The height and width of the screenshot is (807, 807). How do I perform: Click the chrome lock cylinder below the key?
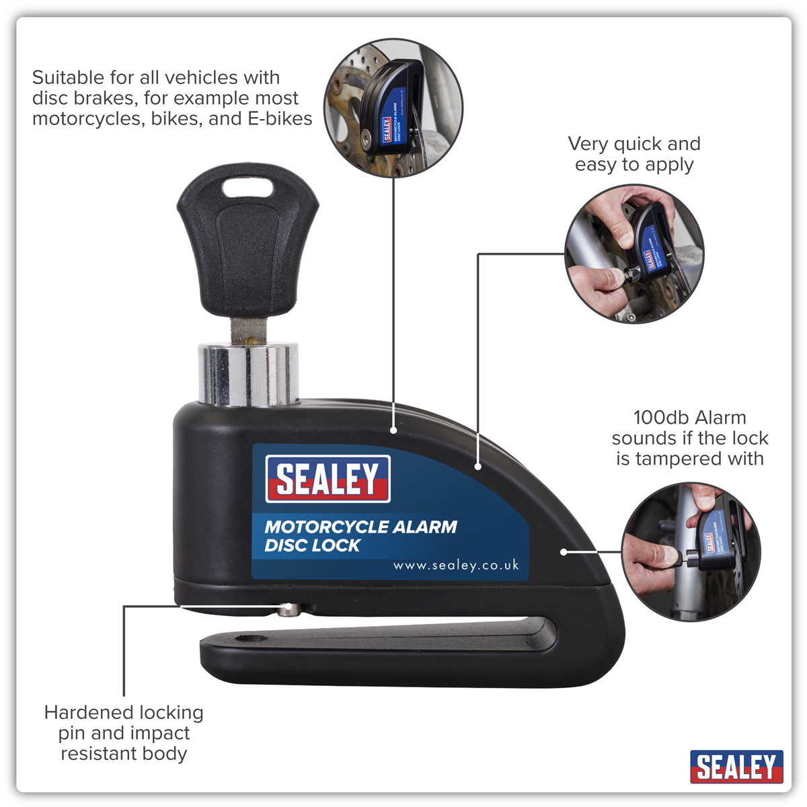pyautogui.click(x=248, y=373)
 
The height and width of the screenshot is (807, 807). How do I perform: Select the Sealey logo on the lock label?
pyautogui.click(x=328, y=478)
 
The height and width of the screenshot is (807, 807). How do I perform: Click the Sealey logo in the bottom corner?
pyautogui.click(x=736, y=767)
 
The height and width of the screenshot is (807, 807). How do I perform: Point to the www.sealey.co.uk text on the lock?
pyautogui.click(x=456, y=566)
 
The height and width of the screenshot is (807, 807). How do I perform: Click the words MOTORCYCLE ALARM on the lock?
pyautogui.click(x=360, y=527)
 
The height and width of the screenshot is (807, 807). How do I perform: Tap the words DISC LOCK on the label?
pyautogui.click(x=313, y=545)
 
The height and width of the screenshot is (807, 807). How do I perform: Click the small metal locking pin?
pyautogui.click(x=288, y=609)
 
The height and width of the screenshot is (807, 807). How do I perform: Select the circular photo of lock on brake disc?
pyautogui.click(x=393, y=108)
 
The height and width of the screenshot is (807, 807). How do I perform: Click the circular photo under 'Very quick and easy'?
pyautogui.click(x=634, y=254)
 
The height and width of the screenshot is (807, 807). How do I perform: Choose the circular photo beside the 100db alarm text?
pyautogui.click(x=691, y=552)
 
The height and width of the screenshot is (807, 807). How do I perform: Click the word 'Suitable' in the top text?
pyautogui.click(x=69, y=77)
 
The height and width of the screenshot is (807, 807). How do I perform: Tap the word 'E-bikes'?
pyautogui.click(x=280, y=118)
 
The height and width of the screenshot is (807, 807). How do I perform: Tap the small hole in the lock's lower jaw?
pyautogui.click(x=252, y=639)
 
